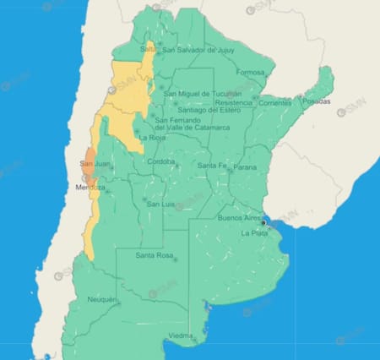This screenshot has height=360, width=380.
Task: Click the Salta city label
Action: click(148, 50)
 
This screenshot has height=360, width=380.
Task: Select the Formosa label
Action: click(251, 73)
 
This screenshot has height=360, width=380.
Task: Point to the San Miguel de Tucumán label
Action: click(203, 93)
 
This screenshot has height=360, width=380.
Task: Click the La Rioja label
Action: click(153, 137)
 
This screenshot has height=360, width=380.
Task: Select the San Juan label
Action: click(94, 163)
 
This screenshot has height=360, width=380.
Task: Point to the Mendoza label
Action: click(90, 186)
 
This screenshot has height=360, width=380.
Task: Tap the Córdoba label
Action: click(160, 161)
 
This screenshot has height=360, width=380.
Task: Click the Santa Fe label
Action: click(211, 166)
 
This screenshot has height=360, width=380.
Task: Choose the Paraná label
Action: click(245, 167)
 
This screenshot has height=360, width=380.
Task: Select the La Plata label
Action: click(253, 232)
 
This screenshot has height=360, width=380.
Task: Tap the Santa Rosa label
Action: click(155, 255)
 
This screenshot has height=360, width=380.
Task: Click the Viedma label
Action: click(181, 336)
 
